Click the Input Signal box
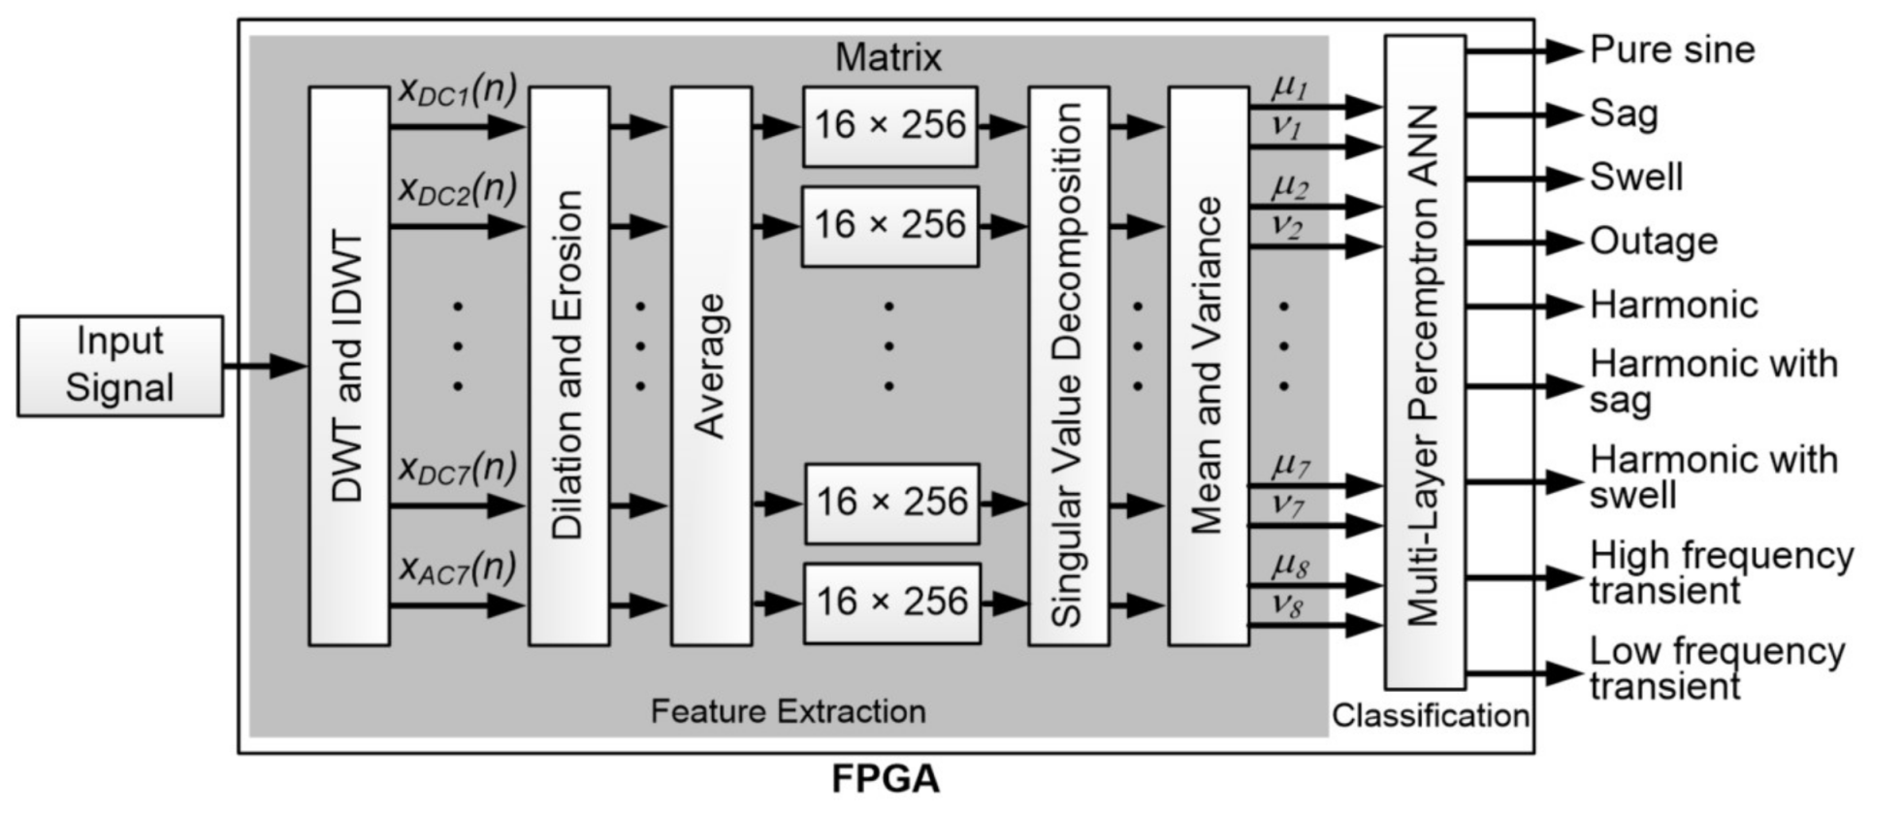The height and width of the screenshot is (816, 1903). point(119,366)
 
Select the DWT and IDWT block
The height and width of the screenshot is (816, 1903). point(348,366)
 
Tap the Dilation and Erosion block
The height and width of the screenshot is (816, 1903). point(568,366)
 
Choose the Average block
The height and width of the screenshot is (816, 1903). point(711,366)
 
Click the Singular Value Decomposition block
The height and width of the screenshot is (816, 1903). point(1068,366)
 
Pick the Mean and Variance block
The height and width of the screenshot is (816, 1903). point(1208,366)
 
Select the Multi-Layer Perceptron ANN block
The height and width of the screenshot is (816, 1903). point(1424,363)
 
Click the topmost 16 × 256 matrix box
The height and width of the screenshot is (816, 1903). point(889,126)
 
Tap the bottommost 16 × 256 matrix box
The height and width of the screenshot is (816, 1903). point(891,603)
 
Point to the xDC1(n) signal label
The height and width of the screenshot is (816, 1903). point(457,91)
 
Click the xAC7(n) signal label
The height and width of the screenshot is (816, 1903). point(457,569)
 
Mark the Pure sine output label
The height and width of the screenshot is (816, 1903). point(1672,50)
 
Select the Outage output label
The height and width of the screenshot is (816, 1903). point(1653,242)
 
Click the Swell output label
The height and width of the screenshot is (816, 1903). point(1635,178)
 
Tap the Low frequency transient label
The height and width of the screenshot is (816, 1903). point(1715,669)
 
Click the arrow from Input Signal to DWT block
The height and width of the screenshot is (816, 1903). point(264,366)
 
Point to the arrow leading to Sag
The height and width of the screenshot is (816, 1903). point(1523,114)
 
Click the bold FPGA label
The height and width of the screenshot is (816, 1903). point(886,779)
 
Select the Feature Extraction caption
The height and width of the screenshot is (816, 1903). point(788,711)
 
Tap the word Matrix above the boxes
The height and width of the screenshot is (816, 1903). point(887,58)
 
